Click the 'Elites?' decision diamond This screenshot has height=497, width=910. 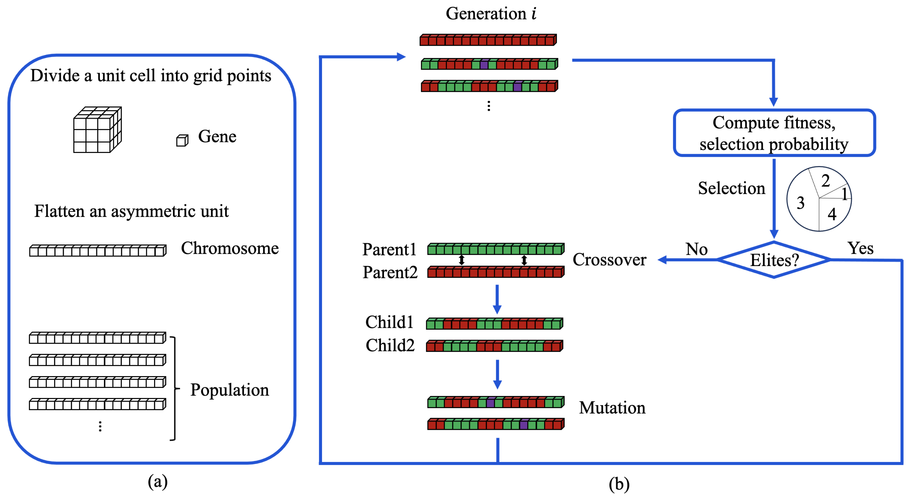774,260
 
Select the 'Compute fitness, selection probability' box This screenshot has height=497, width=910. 774,133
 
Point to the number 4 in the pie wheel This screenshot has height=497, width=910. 832,214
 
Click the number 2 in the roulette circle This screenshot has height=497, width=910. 826,181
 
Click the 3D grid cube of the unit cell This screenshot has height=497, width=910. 97,130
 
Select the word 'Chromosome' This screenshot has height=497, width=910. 230,248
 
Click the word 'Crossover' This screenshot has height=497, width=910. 609,260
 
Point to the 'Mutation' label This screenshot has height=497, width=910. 612,408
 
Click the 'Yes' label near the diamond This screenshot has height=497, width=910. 860,248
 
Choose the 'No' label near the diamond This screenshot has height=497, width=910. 696,249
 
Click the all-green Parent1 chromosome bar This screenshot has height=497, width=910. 495,249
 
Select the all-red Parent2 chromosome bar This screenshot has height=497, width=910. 495,272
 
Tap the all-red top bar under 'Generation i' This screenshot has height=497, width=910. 488,40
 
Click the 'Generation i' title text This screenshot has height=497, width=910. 491,13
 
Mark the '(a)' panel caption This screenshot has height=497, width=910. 158,481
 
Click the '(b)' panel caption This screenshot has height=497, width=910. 619,484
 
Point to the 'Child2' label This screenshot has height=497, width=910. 390,345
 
